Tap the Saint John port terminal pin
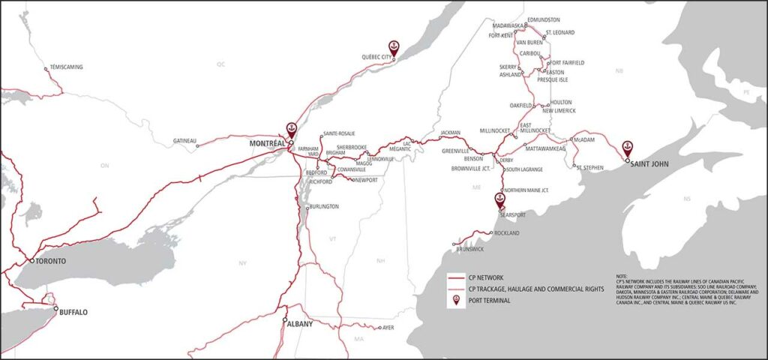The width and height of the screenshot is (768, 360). click(x=627, y=148)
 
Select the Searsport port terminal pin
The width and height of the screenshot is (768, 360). click(x=499, y=199)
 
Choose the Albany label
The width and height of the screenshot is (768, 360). click(x=300, y=324)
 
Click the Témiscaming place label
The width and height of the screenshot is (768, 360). click(x=66, y=67)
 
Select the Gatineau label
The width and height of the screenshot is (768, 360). click(x=183, y=140)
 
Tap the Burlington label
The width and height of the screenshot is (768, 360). click(x=324, y=206)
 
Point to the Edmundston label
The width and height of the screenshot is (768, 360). click(x=544, y=19)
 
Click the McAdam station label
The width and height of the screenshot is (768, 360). click(x=584, y=139)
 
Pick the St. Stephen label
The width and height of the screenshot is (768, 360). click(x=590, y=168)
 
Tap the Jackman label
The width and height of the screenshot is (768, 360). click(x=450, y=133)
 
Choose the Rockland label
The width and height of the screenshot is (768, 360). click(x=507, y=233)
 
